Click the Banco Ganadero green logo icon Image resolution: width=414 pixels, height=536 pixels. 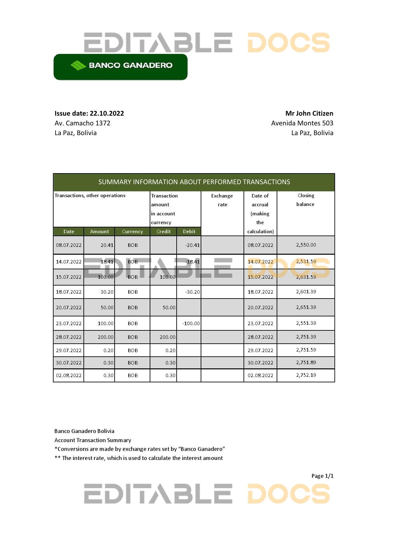pos(78,65)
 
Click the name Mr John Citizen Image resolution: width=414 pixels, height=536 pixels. pos(309,113)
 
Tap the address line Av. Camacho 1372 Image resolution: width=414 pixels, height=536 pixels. pos(82,123)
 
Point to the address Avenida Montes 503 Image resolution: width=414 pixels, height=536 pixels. pos(302,123)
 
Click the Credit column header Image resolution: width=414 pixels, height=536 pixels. pos(163,231)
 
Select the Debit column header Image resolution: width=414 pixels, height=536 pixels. pos(189,231)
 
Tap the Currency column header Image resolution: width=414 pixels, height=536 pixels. pos(132,231)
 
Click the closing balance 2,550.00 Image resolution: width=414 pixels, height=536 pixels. pos(306,245)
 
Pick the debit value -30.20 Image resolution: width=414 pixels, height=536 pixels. pos(193,292)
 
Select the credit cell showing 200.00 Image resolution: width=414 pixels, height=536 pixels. pos(168,337)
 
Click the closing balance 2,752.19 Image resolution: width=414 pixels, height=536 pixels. pos(306,375)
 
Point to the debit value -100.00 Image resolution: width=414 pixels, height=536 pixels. pos(191,324)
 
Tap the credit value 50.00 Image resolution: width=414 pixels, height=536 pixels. pos(169,307)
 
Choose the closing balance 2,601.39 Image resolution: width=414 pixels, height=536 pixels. pos(306,292)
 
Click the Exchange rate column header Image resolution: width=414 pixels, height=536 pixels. pos(222,200)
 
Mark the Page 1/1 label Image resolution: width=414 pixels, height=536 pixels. pos(322,476)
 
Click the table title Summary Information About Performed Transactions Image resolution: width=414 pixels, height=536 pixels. pos(194,182)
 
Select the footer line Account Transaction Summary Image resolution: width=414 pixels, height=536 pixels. pos(93,440)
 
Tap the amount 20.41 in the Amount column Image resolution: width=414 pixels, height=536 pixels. pos(107,245)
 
